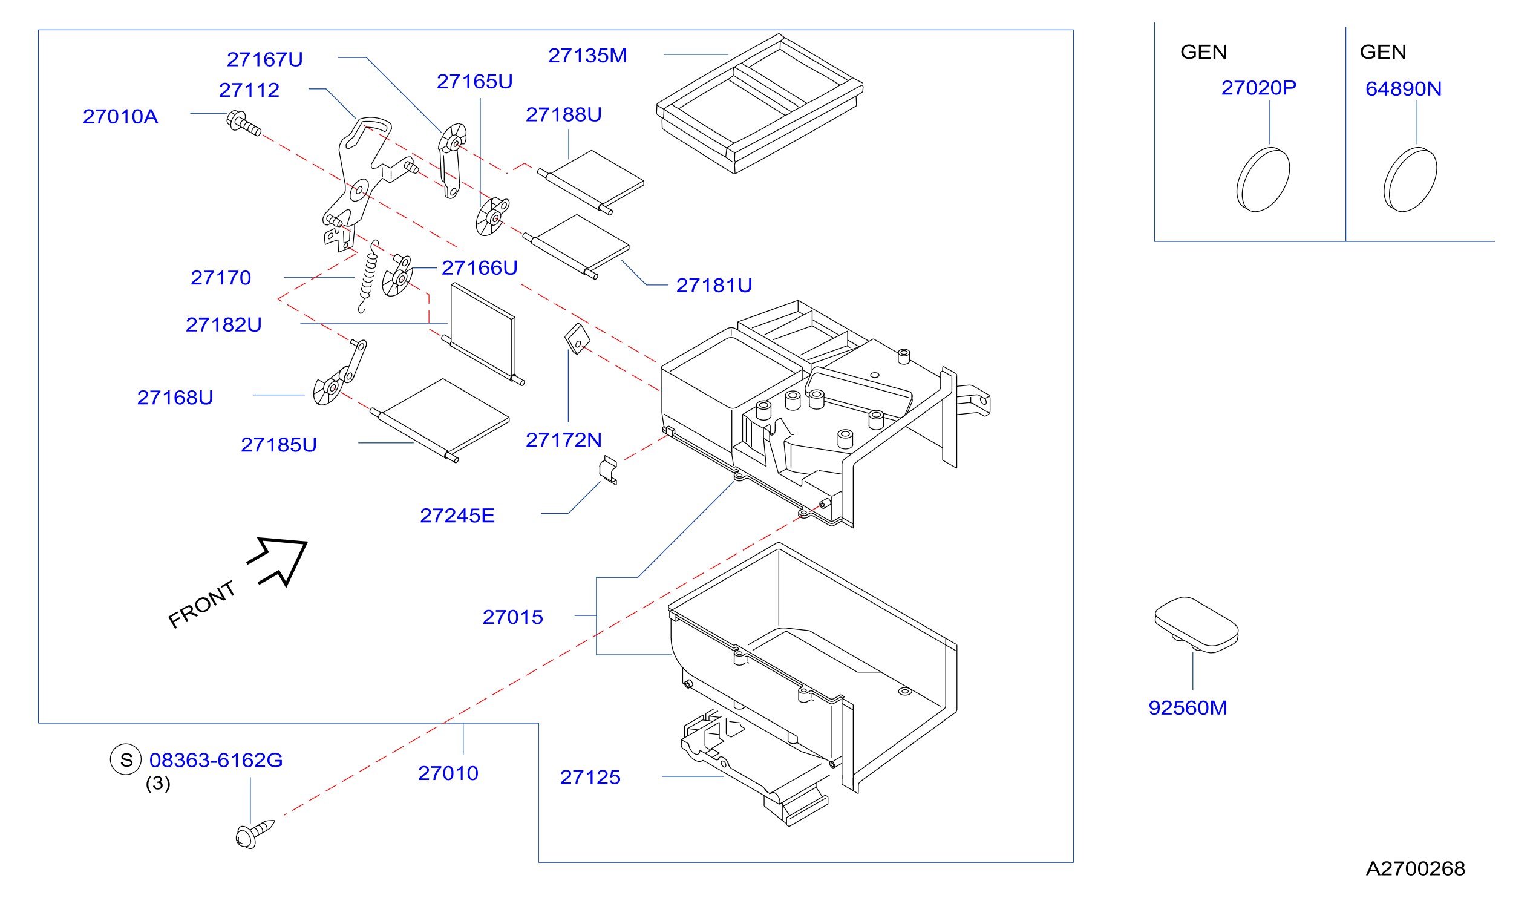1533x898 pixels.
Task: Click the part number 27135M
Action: [x=587, y=56]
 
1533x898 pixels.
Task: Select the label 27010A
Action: [x=120, y=117]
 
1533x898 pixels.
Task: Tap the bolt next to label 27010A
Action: [x=243, y=123]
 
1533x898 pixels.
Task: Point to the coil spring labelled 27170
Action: [x=368, y=276]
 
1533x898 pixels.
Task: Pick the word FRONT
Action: [x=201, y=604]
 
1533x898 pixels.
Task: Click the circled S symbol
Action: [x=126, y=760]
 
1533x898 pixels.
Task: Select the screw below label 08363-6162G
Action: [x=255, y=833]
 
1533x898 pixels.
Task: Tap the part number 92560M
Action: [x=1187, y=708]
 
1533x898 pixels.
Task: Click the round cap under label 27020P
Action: [x=1263, y=180]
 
